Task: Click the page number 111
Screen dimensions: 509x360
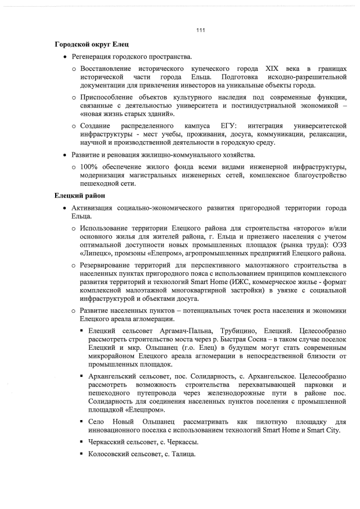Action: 200,30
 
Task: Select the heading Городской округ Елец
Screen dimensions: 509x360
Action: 89,44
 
